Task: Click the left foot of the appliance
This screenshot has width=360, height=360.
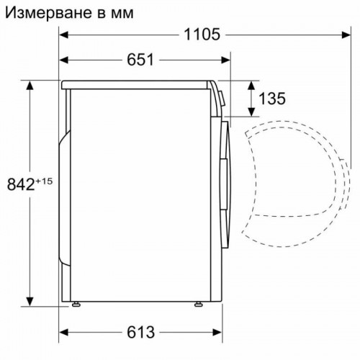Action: pyautogui.click(x=76, y=305)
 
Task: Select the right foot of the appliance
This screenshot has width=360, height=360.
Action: pyautogui.click(x=195, y=305)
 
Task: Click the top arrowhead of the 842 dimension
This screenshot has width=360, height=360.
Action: pyautogui.click(x=31, y=85)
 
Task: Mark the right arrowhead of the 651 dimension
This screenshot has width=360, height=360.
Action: pyautogui.click(x=225, y=60)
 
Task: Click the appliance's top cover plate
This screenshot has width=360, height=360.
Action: pyautogui.click(x=137, y=84)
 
